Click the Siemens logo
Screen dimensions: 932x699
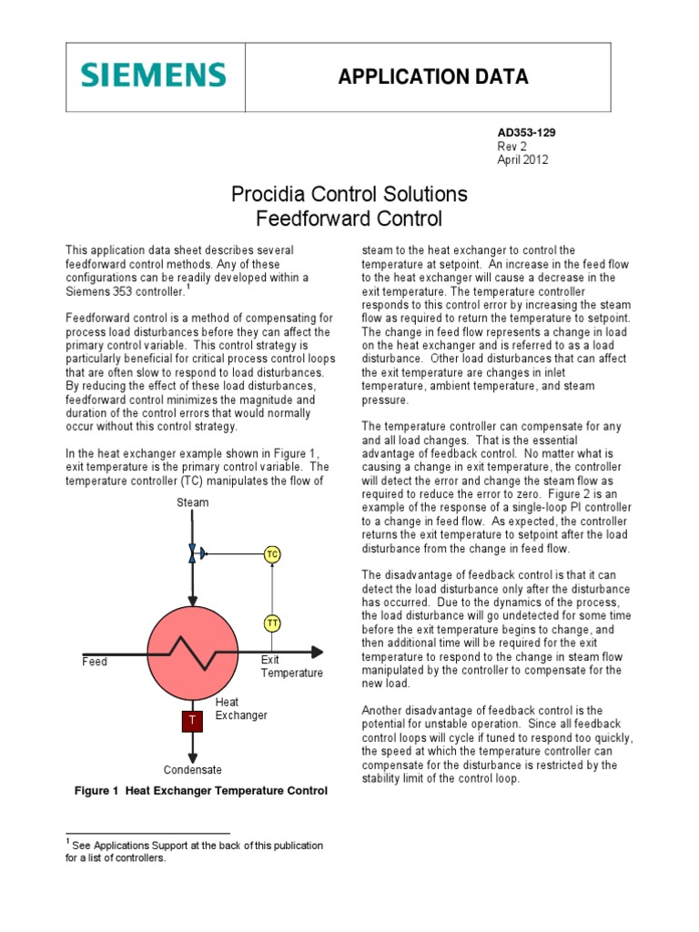pos(152,75)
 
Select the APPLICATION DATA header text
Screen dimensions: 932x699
pos(432,76)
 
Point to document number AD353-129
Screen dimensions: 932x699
pos(526,132)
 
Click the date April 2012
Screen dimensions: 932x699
pos(522,159)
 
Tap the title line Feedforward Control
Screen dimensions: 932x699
pos(349,218)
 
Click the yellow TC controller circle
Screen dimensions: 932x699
pos(272,554)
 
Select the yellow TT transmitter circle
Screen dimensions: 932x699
pos(272,623)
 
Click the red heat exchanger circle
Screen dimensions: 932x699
pos(192,653)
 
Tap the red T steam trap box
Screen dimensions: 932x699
pos(192,721)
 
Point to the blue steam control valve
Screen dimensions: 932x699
pos(192,553)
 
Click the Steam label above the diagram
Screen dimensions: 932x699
pos(193,502)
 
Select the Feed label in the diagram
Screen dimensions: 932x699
pos(95,662)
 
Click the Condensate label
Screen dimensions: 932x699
pos(193,770)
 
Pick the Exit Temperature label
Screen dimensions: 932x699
pos(291,666)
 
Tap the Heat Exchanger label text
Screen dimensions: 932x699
pos(241,709)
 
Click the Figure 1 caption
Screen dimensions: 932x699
pos(200,791)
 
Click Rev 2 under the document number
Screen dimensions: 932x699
pos(512,146)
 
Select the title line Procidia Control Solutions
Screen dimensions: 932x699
pos(349,194)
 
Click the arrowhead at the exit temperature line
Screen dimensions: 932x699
pos(317,652)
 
